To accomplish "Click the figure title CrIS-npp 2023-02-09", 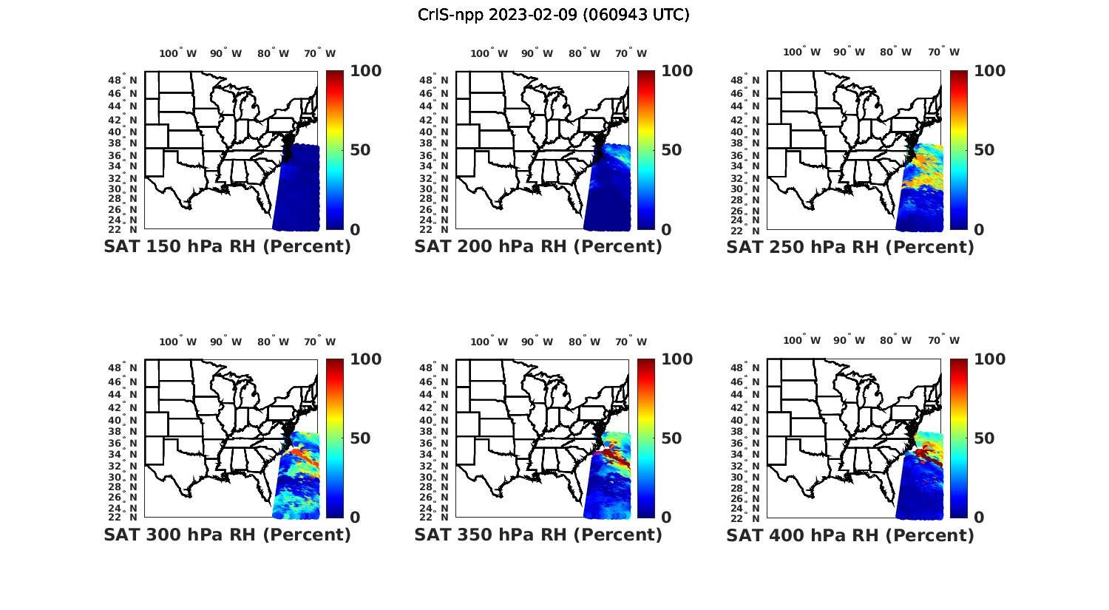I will click(554, 15).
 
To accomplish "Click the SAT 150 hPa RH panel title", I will click(227, 247).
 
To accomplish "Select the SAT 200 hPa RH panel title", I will click(538, 247).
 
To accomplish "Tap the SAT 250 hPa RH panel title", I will click(850, 247).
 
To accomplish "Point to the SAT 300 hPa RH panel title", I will click(227, 535).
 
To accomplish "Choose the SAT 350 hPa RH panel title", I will click(538, 535).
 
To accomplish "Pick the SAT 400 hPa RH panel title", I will click(850, 535).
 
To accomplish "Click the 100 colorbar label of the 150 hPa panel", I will click(366, 71).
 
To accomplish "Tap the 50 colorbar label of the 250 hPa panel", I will click(983, 150).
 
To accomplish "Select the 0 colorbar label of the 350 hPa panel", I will click(666, 518).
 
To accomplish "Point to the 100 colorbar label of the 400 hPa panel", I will click(990, 359).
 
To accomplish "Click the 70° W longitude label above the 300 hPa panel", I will click(319, 342).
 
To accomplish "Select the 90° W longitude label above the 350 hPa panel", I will click(537, 342).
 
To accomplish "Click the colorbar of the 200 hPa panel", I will click(646, 150).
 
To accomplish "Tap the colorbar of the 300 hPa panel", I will click(335, 438).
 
